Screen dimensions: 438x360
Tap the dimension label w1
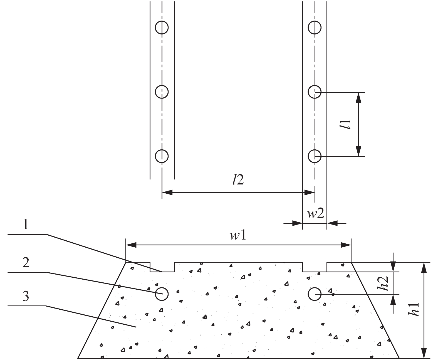tap(238, 236)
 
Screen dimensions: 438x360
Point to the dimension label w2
tap(316, 214)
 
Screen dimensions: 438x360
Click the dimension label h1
tap(414, 309)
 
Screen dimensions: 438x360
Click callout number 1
tap(26, 225)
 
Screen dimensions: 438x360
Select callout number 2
tap(26, 263)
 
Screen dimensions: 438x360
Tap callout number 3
tap(26, 296)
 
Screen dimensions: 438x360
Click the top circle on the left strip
tap(162, 21)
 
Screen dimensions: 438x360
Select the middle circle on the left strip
tap(162, 85)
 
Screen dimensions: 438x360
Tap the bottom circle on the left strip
tap(162, 150)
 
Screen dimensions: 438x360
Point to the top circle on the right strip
tap(315, 21)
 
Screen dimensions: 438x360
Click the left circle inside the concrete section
tap(162, 288)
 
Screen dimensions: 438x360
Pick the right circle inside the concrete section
tap(315, 288)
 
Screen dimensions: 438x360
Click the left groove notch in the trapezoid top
tap(162, 272)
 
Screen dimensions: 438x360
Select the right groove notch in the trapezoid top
tap(315, 272)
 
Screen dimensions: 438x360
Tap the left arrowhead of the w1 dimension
tap(131, 245)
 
